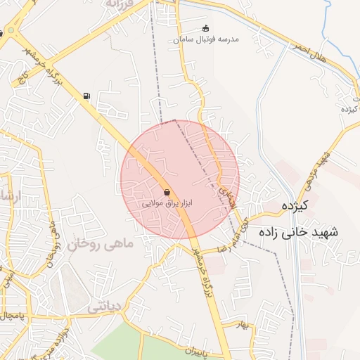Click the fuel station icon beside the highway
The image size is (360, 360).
point(86,96)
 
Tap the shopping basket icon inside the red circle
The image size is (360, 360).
point(167,191)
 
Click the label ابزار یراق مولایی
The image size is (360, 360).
point(167,202)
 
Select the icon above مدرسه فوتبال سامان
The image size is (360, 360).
point(205,29)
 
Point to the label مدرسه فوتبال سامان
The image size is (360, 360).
point(205,39)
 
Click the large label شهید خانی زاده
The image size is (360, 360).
point(298,231)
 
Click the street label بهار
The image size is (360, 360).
point(243,324)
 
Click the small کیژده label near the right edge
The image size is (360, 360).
point(349,110)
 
